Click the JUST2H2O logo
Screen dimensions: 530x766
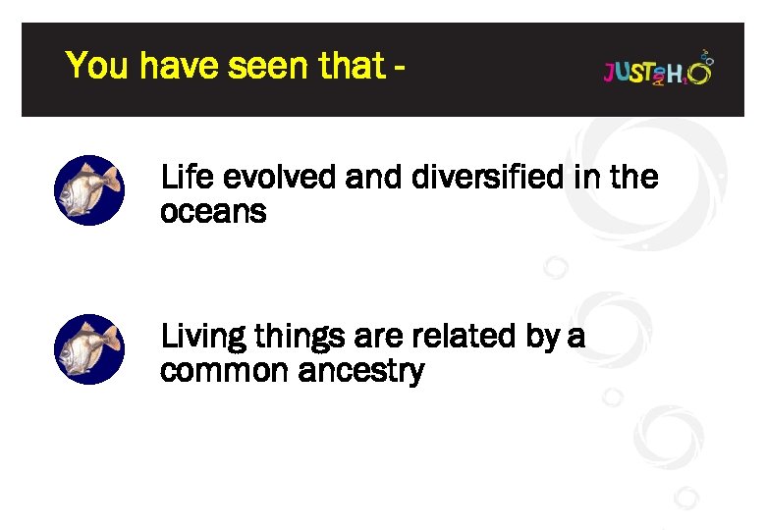(657, 69)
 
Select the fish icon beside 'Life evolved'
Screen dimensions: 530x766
(88, 190)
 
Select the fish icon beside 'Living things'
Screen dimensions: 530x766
(88, 349)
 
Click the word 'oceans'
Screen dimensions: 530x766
(213, 211)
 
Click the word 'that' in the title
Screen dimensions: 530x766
(352, 67)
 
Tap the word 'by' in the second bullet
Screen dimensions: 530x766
(542, 338)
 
